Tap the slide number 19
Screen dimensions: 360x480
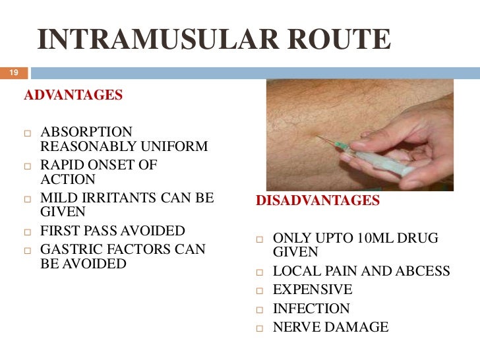click(x=13, y=73)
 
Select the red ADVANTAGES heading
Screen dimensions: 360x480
click(x=73, y=95)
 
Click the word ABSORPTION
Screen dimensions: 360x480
click(x=86, y=132)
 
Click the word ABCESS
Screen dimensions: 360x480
click(x=427, y=271)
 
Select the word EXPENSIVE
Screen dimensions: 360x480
click(x=313, y=289)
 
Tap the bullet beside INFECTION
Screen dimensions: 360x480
click(x=260, y=309)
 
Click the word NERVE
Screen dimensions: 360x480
click(x=295, y=327)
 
